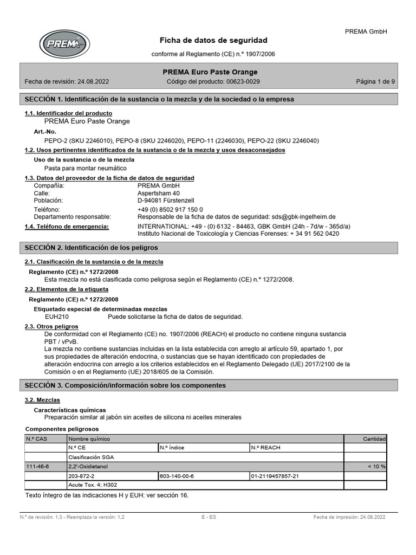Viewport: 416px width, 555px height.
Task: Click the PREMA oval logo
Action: pyautogui.click(x=64, y=44)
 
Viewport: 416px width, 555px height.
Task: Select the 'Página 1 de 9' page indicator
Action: pyautogui.click(x=375, y=82)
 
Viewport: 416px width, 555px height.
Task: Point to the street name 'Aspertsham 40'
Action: pyautogui.click(x=159, y=193)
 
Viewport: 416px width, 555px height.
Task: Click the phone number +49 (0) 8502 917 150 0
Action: pyautogui.click(x=170, y=209)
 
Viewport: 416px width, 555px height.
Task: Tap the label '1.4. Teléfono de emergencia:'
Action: pyautogui.click(x=67, y=226)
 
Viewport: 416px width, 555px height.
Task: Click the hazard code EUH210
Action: pyautogui.click(x=56, y=317)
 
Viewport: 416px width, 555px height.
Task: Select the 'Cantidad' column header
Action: pyautogui.click(x=374, y=438)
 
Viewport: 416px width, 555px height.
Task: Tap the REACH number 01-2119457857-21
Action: pyautogui.click(x=275, y=476)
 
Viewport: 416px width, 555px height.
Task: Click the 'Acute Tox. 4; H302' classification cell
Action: pyautogui.click(x=92, y=485)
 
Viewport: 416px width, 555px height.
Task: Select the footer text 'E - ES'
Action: pyautogui.click(x=209, y=517)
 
